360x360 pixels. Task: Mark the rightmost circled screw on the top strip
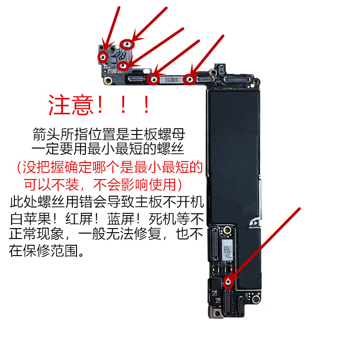coord(190,80)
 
